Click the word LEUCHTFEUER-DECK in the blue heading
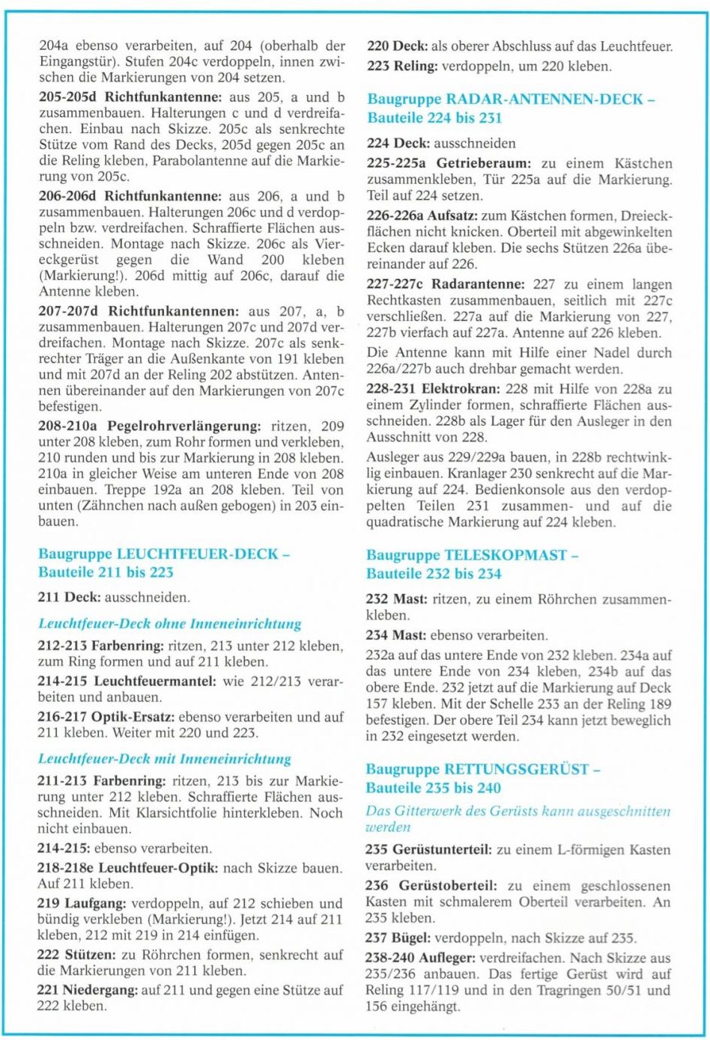pyautogui.click(x=198, y=554)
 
